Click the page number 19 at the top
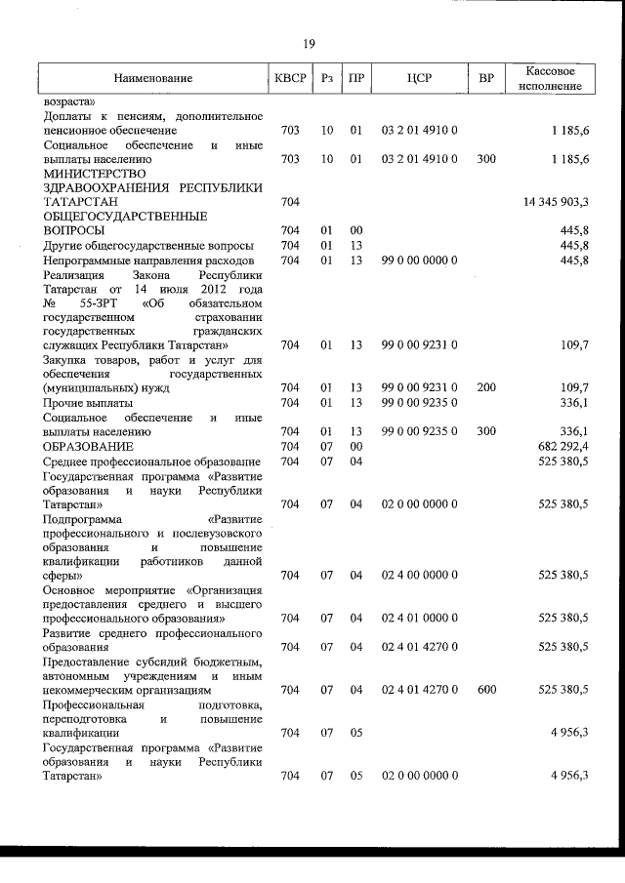tap(309, 42)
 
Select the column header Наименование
tap(152, 78)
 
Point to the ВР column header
tap(486, 78)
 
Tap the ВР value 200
tap(486, 387)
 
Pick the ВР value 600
tap(486, 690)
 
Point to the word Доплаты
tap(67, 115)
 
